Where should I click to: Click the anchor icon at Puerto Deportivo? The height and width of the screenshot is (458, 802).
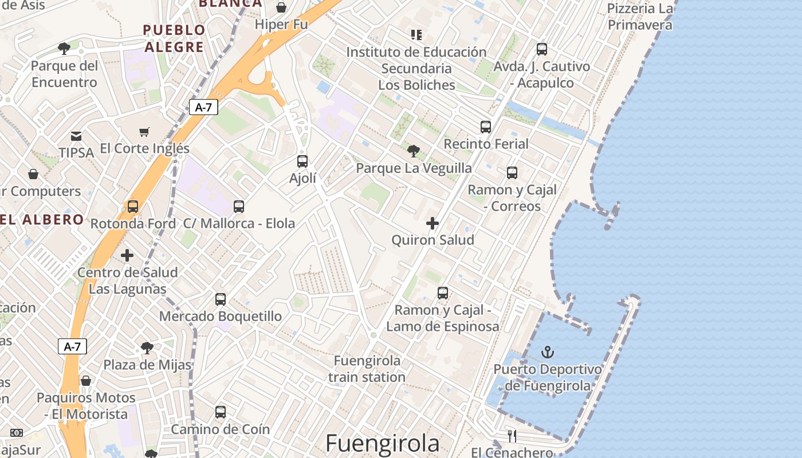tap(548, 352)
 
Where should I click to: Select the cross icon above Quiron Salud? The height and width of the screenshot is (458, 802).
tap(433, 223)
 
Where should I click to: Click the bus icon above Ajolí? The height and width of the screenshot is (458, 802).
tap(302, 161)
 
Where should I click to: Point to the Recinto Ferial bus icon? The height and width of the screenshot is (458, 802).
tap(486, 127)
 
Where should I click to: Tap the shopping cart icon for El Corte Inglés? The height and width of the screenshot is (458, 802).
tap(144, 132)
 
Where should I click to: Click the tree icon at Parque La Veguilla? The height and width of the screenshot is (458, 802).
tap(413, 151)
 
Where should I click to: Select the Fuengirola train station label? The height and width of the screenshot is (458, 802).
tap(367, 369)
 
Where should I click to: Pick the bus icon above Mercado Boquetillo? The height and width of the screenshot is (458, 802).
tap(221, 299)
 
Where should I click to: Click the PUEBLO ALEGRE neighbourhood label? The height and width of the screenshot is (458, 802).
tap(174, 38)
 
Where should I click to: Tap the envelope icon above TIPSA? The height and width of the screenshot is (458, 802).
tap(76, 136)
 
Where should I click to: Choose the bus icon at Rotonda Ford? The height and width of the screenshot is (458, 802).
tap(133, 207)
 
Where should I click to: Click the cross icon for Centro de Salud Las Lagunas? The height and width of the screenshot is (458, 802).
tap(127, 255)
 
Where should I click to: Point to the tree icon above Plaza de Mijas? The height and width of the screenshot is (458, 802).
tap(147, 348)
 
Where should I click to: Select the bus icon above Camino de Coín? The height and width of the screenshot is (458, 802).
tap(221, 412)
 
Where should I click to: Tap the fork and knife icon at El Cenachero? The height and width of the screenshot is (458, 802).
tap(512, 436)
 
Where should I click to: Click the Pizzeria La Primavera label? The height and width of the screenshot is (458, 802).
tap(640, 17)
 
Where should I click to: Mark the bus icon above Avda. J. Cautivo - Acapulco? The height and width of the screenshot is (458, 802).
tap(542, 50)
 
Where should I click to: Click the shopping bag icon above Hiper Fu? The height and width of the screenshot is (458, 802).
tap(281, 7)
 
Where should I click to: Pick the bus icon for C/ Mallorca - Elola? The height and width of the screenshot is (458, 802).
tap(239, 207)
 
